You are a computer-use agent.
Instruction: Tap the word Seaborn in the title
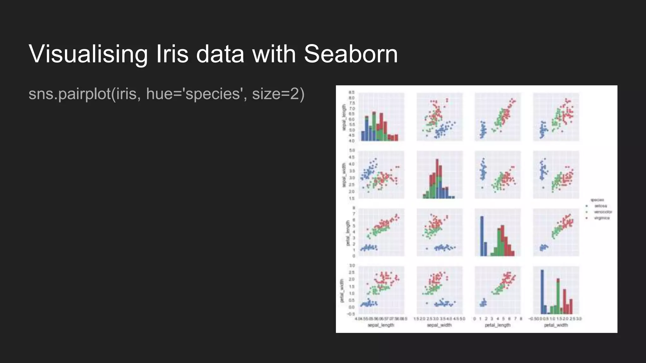351,54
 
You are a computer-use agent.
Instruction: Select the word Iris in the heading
172,54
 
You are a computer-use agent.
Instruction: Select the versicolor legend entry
603,212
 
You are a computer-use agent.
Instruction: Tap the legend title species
597,200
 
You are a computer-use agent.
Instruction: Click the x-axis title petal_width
556,325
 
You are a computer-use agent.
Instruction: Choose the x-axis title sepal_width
439,325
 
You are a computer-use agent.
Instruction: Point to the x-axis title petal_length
497,325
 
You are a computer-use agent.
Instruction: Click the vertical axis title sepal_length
344,117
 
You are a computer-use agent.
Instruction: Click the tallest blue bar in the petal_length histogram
482,236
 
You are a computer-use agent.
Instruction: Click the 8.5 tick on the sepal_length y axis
351,92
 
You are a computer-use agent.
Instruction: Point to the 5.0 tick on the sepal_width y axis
352,150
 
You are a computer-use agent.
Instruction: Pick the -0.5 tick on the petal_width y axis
351,314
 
